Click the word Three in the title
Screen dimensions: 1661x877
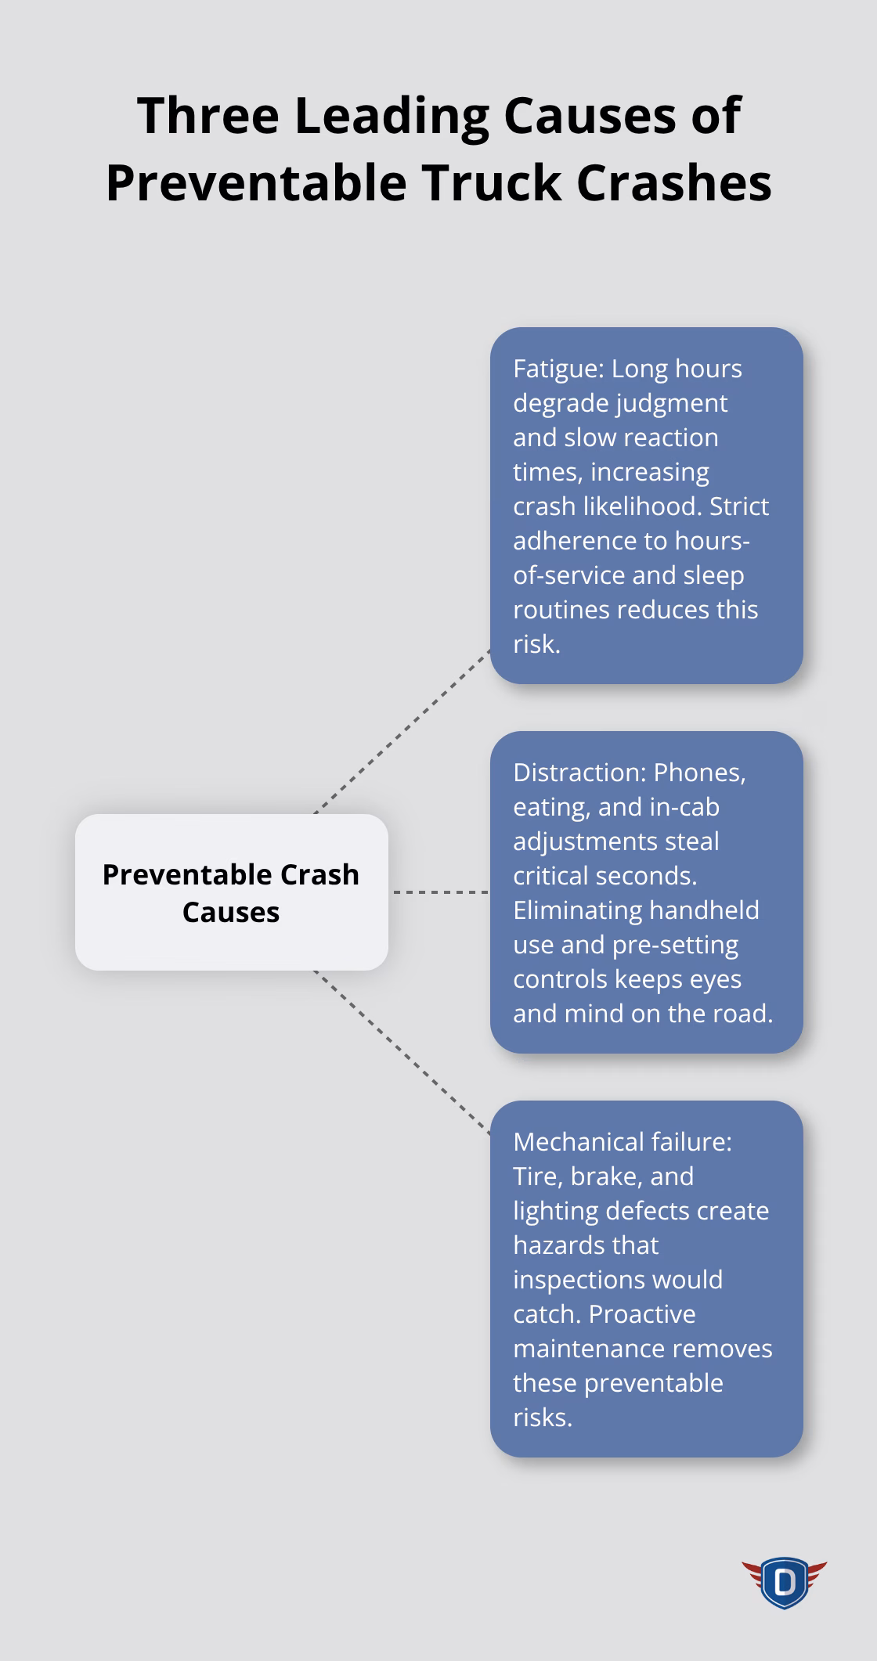[208, 116]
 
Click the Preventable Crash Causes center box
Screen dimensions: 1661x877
[231, 892]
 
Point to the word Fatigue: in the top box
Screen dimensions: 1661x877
[558, 368]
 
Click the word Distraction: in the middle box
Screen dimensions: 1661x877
[579, 772]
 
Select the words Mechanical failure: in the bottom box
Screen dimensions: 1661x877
[623, 1141]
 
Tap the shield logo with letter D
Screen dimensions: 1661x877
[784, 1582]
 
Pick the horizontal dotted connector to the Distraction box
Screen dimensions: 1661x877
[439, 892]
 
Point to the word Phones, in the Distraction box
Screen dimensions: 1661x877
[699, 772]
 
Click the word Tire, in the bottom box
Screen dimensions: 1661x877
[537, 1176]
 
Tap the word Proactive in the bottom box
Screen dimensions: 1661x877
[642, 1313]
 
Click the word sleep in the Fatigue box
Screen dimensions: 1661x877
[713, 575]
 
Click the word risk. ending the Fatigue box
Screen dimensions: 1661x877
[536, 643]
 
